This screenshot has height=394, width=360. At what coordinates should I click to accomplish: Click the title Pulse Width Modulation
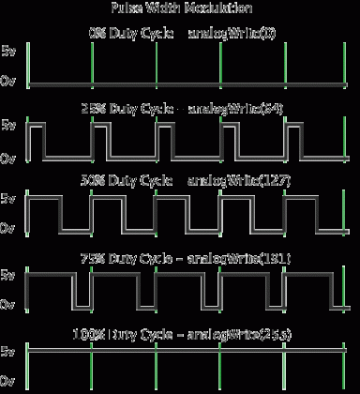(x=179, y=8)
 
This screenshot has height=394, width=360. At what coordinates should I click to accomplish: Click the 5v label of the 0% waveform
(x=8, y=49)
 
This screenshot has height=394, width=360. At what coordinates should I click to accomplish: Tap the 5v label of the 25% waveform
(x=8, y=124)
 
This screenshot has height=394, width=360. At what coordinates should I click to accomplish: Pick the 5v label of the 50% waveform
(x=8, y=199)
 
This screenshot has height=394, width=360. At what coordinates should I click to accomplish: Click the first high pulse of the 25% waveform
(x=37, y=125)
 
